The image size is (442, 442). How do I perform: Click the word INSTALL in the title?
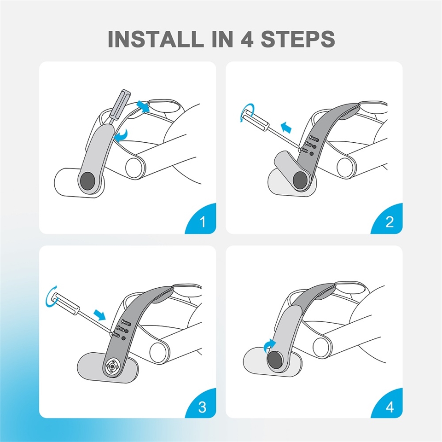coord(156,39)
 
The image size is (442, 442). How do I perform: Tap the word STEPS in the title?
coord(298,39)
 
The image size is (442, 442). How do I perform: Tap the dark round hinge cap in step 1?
coord(87,181)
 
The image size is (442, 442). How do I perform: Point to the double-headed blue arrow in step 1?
coord(143,106)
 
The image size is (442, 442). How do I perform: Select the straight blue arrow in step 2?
coord(286,127)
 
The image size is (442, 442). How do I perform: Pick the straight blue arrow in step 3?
coord(99,314)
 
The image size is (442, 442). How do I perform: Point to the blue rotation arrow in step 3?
coord(51,296)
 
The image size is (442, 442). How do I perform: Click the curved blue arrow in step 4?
coord(269,345)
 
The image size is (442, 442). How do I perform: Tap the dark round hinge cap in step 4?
coord(274,361)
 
